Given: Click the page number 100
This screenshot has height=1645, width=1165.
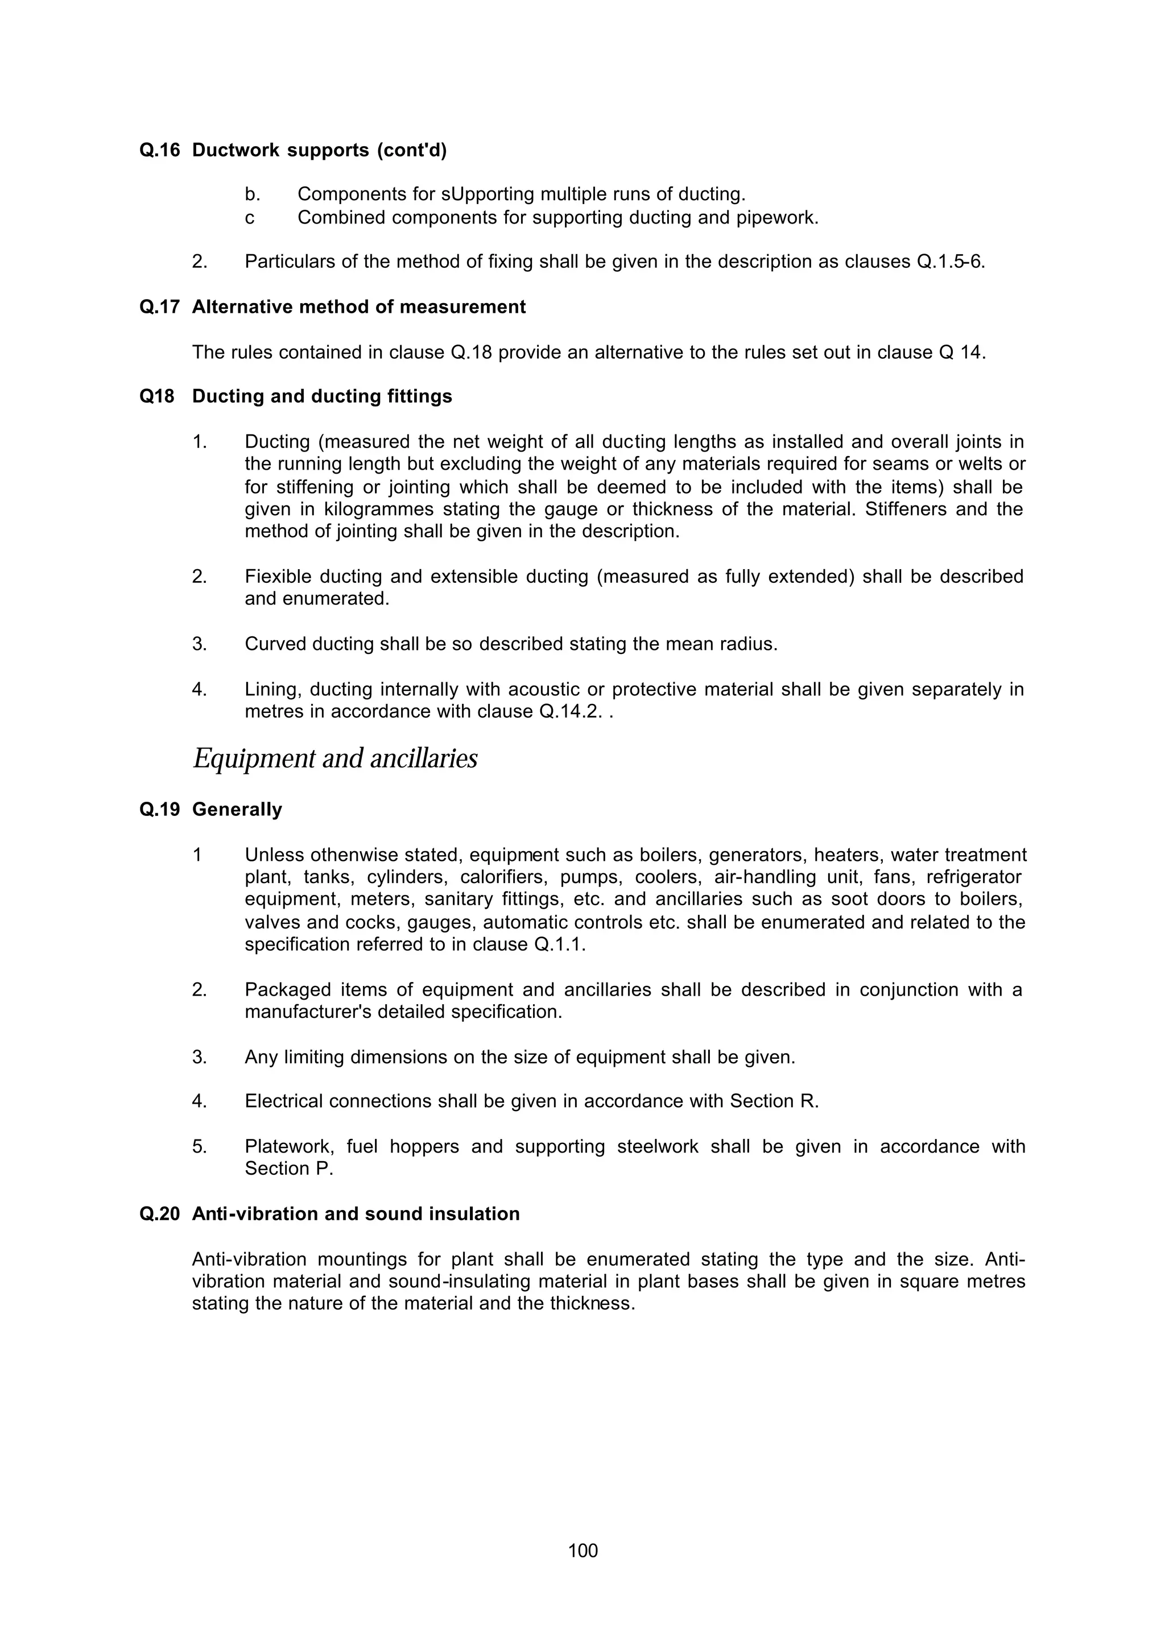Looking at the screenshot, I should pos(582,1551).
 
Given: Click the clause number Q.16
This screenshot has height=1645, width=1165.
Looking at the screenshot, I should pos(159,151).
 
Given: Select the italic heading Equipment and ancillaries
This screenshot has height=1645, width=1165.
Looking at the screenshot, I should pos(335,758).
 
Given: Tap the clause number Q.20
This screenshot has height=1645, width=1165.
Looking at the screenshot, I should pos(159,1214).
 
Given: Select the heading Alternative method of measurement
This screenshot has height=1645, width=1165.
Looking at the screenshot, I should pos(359,307).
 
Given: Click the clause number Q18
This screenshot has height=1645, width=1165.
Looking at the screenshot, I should pos(157,396).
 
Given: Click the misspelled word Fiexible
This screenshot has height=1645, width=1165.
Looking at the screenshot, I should pos(278,577).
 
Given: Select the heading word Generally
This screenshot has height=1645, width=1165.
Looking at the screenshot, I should pos(237,810).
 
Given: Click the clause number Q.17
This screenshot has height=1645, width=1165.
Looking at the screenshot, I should pos(159,307).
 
